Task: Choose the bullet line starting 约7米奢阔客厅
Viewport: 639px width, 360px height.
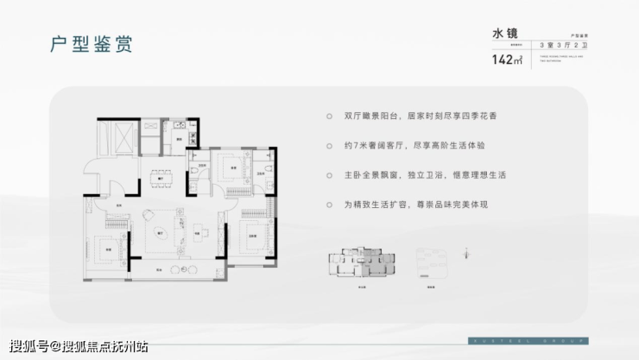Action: tap(410, 146)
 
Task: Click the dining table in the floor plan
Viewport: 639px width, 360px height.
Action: tap(161, 180)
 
